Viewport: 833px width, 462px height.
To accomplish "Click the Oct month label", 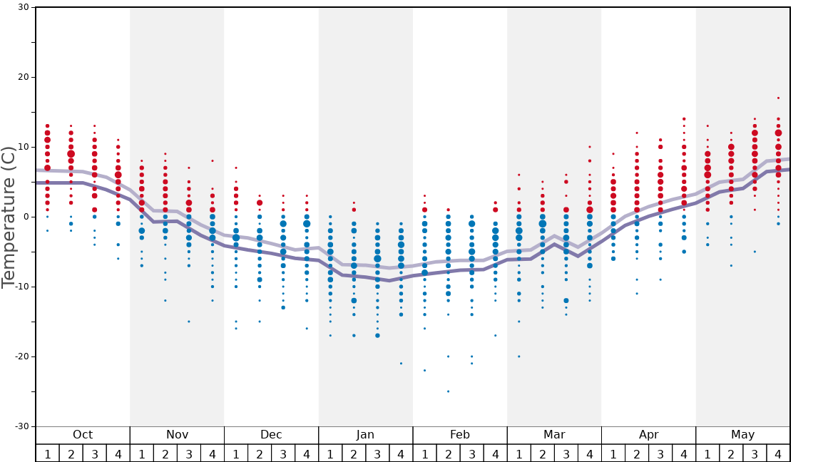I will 83,435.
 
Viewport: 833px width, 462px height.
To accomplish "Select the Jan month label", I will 365,435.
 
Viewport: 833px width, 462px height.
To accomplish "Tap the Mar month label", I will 554,435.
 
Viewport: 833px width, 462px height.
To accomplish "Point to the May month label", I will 742,435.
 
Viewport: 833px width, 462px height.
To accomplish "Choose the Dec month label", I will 271,435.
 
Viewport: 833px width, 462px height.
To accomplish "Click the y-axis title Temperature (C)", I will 9,217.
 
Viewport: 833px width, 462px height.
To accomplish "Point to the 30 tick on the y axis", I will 24,7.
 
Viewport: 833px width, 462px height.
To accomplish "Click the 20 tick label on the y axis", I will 24,77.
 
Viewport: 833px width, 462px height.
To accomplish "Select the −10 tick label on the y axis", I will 21,287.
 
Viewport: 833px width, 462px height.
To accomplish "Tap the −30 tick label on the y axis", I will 21,426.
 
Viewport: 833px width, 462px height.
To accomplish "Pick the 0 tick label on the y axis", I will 26,217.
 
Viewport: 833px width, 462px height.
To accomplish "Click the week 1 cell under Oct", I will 47,453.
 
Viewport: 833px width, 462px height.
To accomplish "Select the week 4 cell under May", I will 778,453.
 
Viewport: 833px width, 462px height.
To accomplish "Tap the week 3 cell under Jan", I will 377,453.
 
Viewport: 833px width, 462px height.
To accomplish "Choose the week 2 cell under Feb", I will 448,453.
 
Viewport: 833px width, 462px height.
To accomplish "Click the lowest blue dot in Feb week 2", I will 448,391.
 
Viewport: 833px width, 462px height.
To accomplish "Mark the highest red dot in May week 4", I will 778,98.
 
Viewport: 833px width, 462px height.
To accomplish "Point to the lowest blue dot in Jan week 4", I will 401,364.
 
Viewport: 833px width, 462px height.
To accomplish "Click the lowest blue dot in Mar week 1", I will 518,356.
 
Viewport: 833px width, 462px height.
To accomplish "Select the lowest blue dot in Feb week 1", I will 424,371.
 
